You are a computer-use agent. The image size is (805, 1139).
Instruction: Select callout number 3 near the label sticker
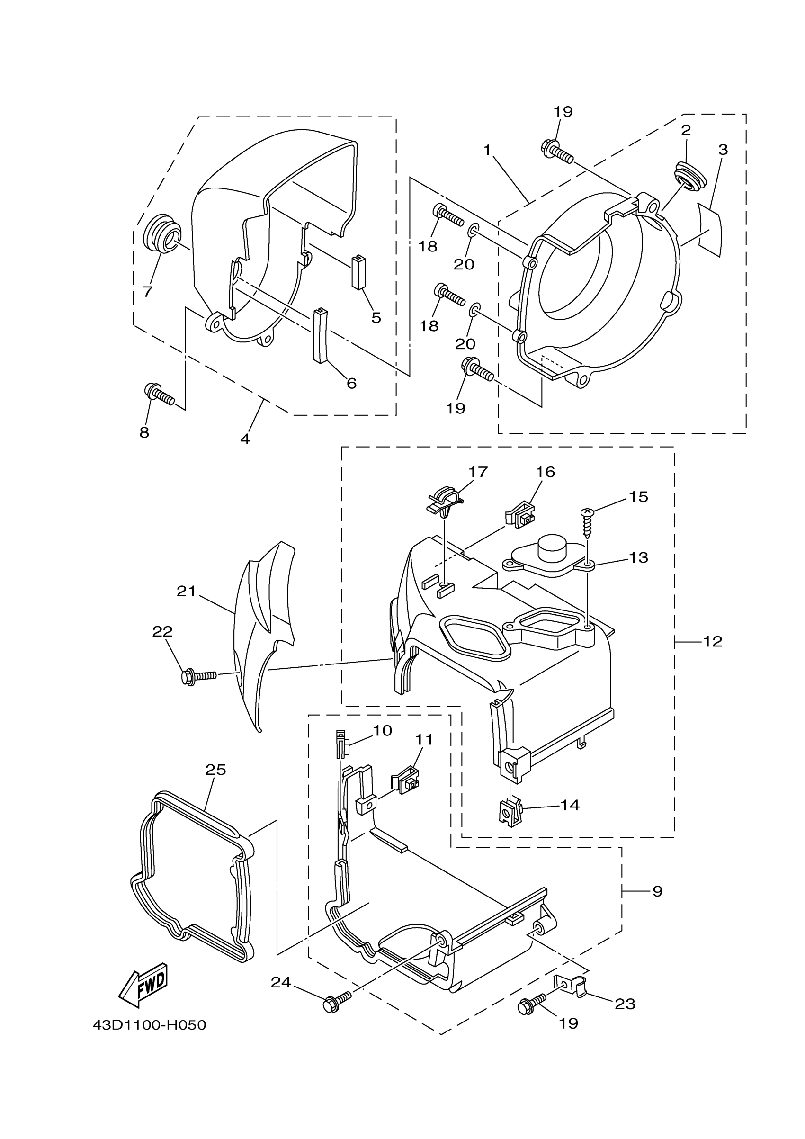click(723, 149)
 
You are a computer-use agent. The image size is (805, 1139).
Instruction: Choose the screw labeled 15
click(587, 523)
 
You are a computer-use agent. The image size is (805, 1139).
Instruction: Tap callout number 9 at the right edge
click(657, 891)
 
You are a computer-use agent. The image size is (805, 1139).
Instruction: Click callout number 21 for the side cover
click(187, 591)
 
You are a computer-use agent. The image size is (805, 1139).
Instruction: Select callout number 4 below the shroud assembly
click(245, 439)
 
